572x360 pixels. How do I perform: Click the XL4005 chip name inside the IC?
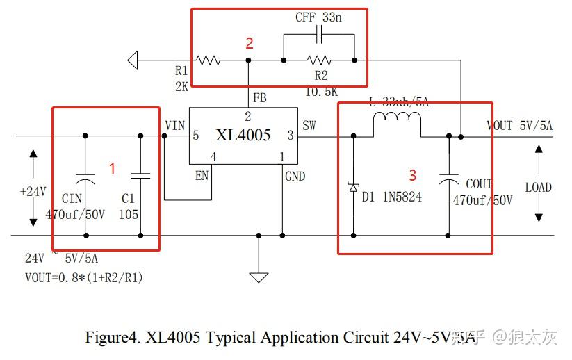[x=243, y=135]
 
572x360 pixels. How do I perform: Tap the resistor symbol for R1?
[x=209, y=60]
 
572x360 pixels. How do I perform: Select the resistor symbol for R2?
[x=319, y=60]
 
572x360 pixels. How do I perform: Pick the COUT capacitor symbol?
[x=449, y=182]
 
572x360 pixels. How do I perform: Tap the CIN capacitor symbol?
[x=85, y=175]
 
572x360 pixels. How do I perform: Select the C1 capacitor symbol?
[x=141, y=175]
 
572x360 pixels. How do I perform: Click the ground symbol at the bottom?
[x=259, y=277]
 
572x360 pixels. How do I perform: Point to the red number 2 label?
[x=249, y=43]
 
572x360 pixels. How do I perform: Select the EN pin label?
[x=202, y=176]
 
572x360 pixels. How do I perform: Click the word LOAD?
[x=538, y=188]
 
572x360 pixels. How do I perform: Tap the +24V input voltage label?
[x=33, y=191]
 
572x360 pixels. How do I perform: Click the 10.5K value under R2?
[x=321, y=91]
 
